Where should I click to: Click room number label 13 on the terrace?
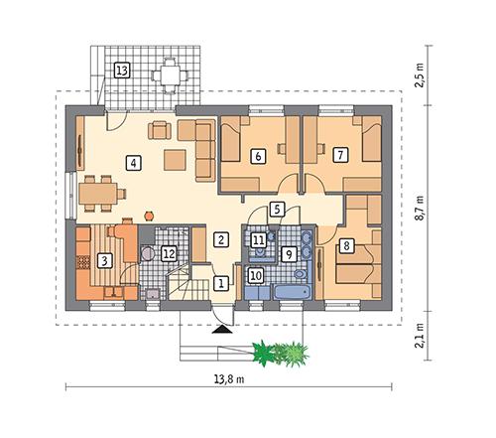click(x=122, y=71)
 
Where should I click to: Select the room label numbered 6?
click(x=258, y=156)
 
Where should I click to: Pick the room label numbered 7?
click(x=340, y=155)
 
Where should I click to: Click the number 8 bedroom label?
click(x=346, y=244)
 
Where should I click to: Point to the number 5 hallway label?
click(x=277, y=209)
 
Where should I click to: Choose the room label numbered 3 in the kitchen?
click(x=104, y=261)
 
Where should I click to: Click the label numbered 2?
click(x=222, y=238)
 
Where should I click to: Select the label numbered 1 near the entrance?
click(x=220, y=283)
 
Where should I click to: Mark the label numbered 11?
click(x=258, y=239)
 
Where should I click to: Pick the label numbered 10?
click(x=255, y=275)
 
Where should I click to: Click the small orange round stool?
click(x=149, y=213)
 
